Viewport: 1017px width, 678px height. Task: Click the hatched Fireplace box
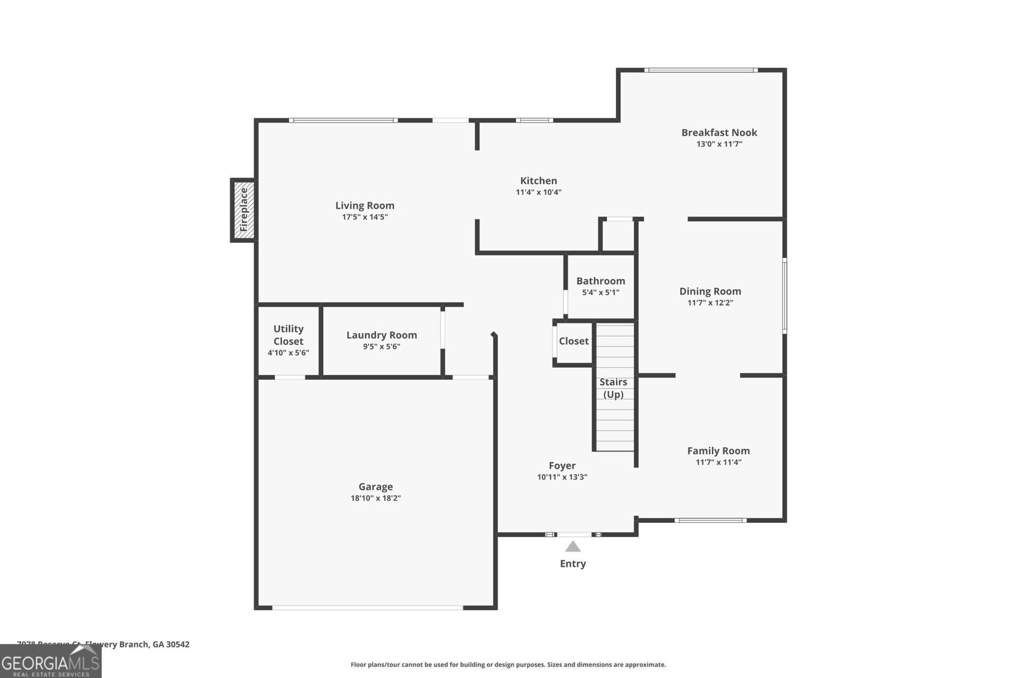point(243,210)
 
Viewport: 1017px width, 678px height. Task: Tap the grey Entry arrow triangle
point(573,547)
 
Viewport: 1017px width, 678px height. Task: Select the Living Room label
point(365,205)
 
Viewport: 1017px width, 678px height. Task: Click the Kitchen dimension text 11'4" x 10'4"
point(538,193)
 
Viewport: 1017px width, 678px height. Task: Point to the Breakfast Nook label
point(719,132)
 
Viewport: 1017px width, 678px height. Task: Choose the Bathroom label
point(600,281)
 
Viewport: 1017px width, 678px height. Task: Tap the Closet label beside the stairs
point(573,341)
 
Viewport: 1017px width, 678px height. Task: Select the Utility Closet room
point(289,340)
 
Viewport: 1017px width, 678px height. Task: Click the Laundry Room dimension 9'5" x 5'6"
point(381,347)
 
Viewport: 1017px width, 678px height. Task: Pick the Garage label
point(375,487)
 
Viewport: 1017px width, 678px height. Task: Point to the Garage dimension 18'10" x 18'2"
point(375,498)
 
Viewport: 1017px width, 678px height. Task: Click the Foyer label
point(562,466)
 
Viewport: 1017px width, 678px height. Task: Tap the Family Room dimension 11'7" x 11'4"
point(718,463)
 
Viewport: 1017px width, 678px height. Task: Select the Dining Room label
point(710,291)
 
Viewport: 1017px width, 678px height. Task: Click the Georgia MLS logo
point(50,661)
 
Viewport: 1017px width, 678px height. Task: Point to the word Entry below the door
point(573,564)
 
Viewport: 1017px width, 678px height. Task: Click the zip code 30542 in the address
point(178,644)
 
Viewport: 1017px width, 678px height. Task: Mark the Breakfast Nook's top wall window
point(701,70)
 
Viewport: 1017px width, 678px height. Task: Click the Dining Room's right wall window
point(784,295)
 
